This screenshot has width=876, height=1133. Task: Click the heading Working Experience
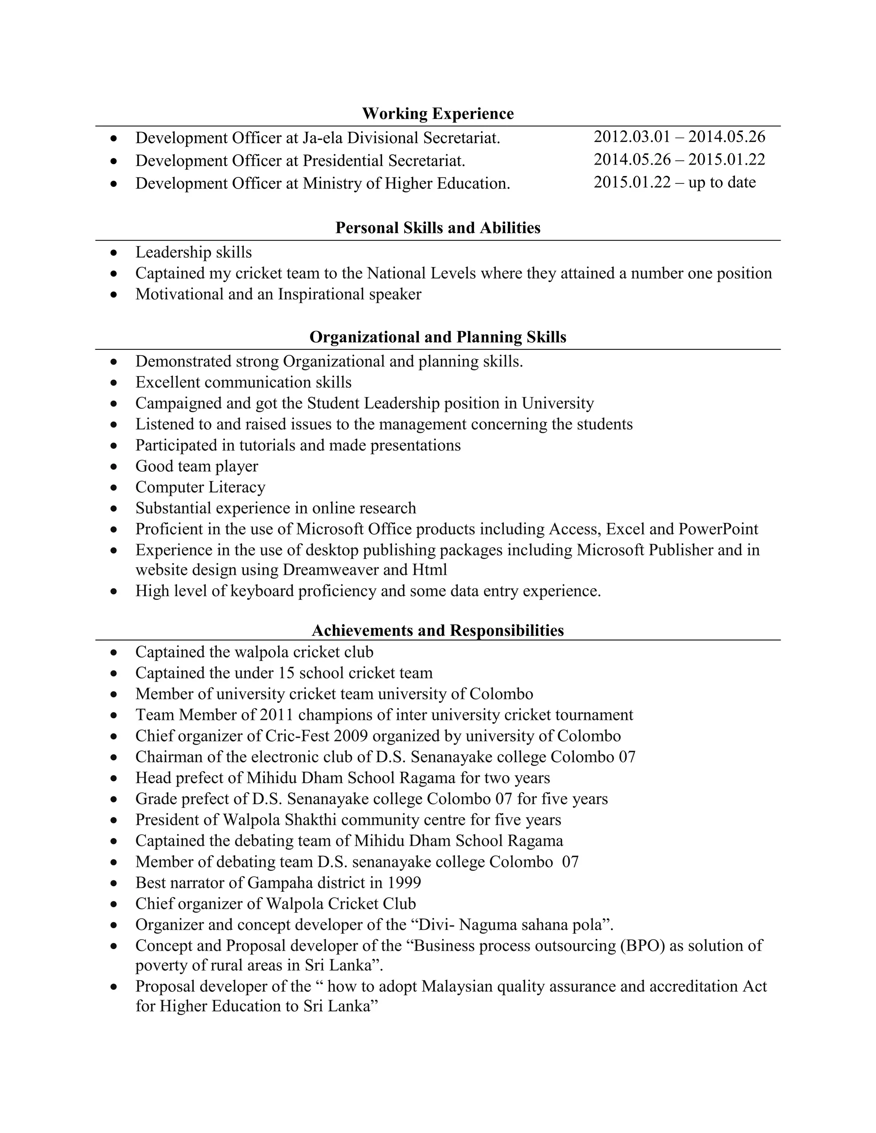pyautogui.click(x=438, y=114)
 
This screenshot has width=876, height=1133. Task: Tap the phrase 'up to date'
pyautogui.click(x=722, y=183)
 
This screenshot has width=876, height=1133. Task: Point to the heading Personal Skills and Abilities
pyautogui.click(x=438, y=228)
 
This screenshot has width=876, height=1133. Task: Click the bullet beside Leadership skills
pyautogui.click(x=114, y=253)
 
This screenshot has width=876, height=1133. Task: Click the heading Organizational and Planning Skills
pyautogui.click(x=438, y=337)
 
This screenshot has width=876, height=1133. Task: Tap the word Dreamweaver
pyautogui.click(x=331, y=570)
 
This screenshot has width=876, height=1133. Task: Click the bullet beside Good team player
pyautogui.click(x=114, y=467)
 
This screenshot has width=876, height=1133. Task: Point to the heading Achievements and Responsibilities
pyautogui.click(x=438, y=630)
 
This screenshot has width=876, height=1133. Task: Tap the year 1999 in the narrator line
pyautogui.click(x=404, y=882)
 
